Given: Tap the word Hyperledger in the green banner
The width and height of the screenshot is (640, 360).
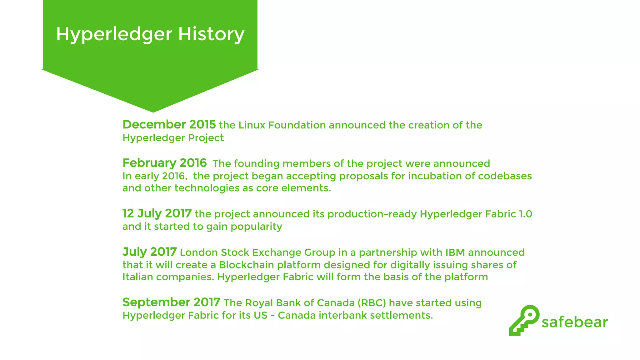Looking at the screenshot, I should (x=114, y=34).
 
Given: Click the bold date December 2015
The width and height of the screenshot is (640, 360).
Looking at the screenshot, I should (x=169, y=125).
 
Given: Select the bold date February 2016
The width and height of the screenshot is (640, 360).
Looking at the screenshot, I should (x=164, y=163).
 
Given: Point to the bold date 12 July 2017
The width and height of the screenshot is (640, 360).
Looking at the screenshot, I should (x=157, y=214).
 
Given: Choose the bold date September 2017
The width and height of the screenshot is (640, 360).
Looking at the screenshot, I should (x=171, y=302).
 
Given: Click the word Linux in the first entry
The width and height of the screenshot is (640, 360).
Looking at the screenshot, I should (x=252, y=125).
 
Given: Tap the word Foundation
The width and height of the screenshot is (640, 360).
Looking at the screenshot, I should (x=297, y=125).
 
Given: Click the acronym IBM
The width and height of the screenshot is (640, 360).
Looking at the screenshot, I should (x=455, y=252).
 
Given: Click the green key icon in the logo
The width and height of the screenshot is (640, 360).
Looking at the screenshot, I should (x=524, y=320).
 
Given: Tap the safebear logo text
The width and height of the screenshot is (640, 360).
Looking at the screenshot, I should (x=574, y=322).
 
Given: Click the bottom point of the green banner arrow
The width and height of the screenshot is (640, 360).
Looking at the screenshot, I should (x=153, y=112).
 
